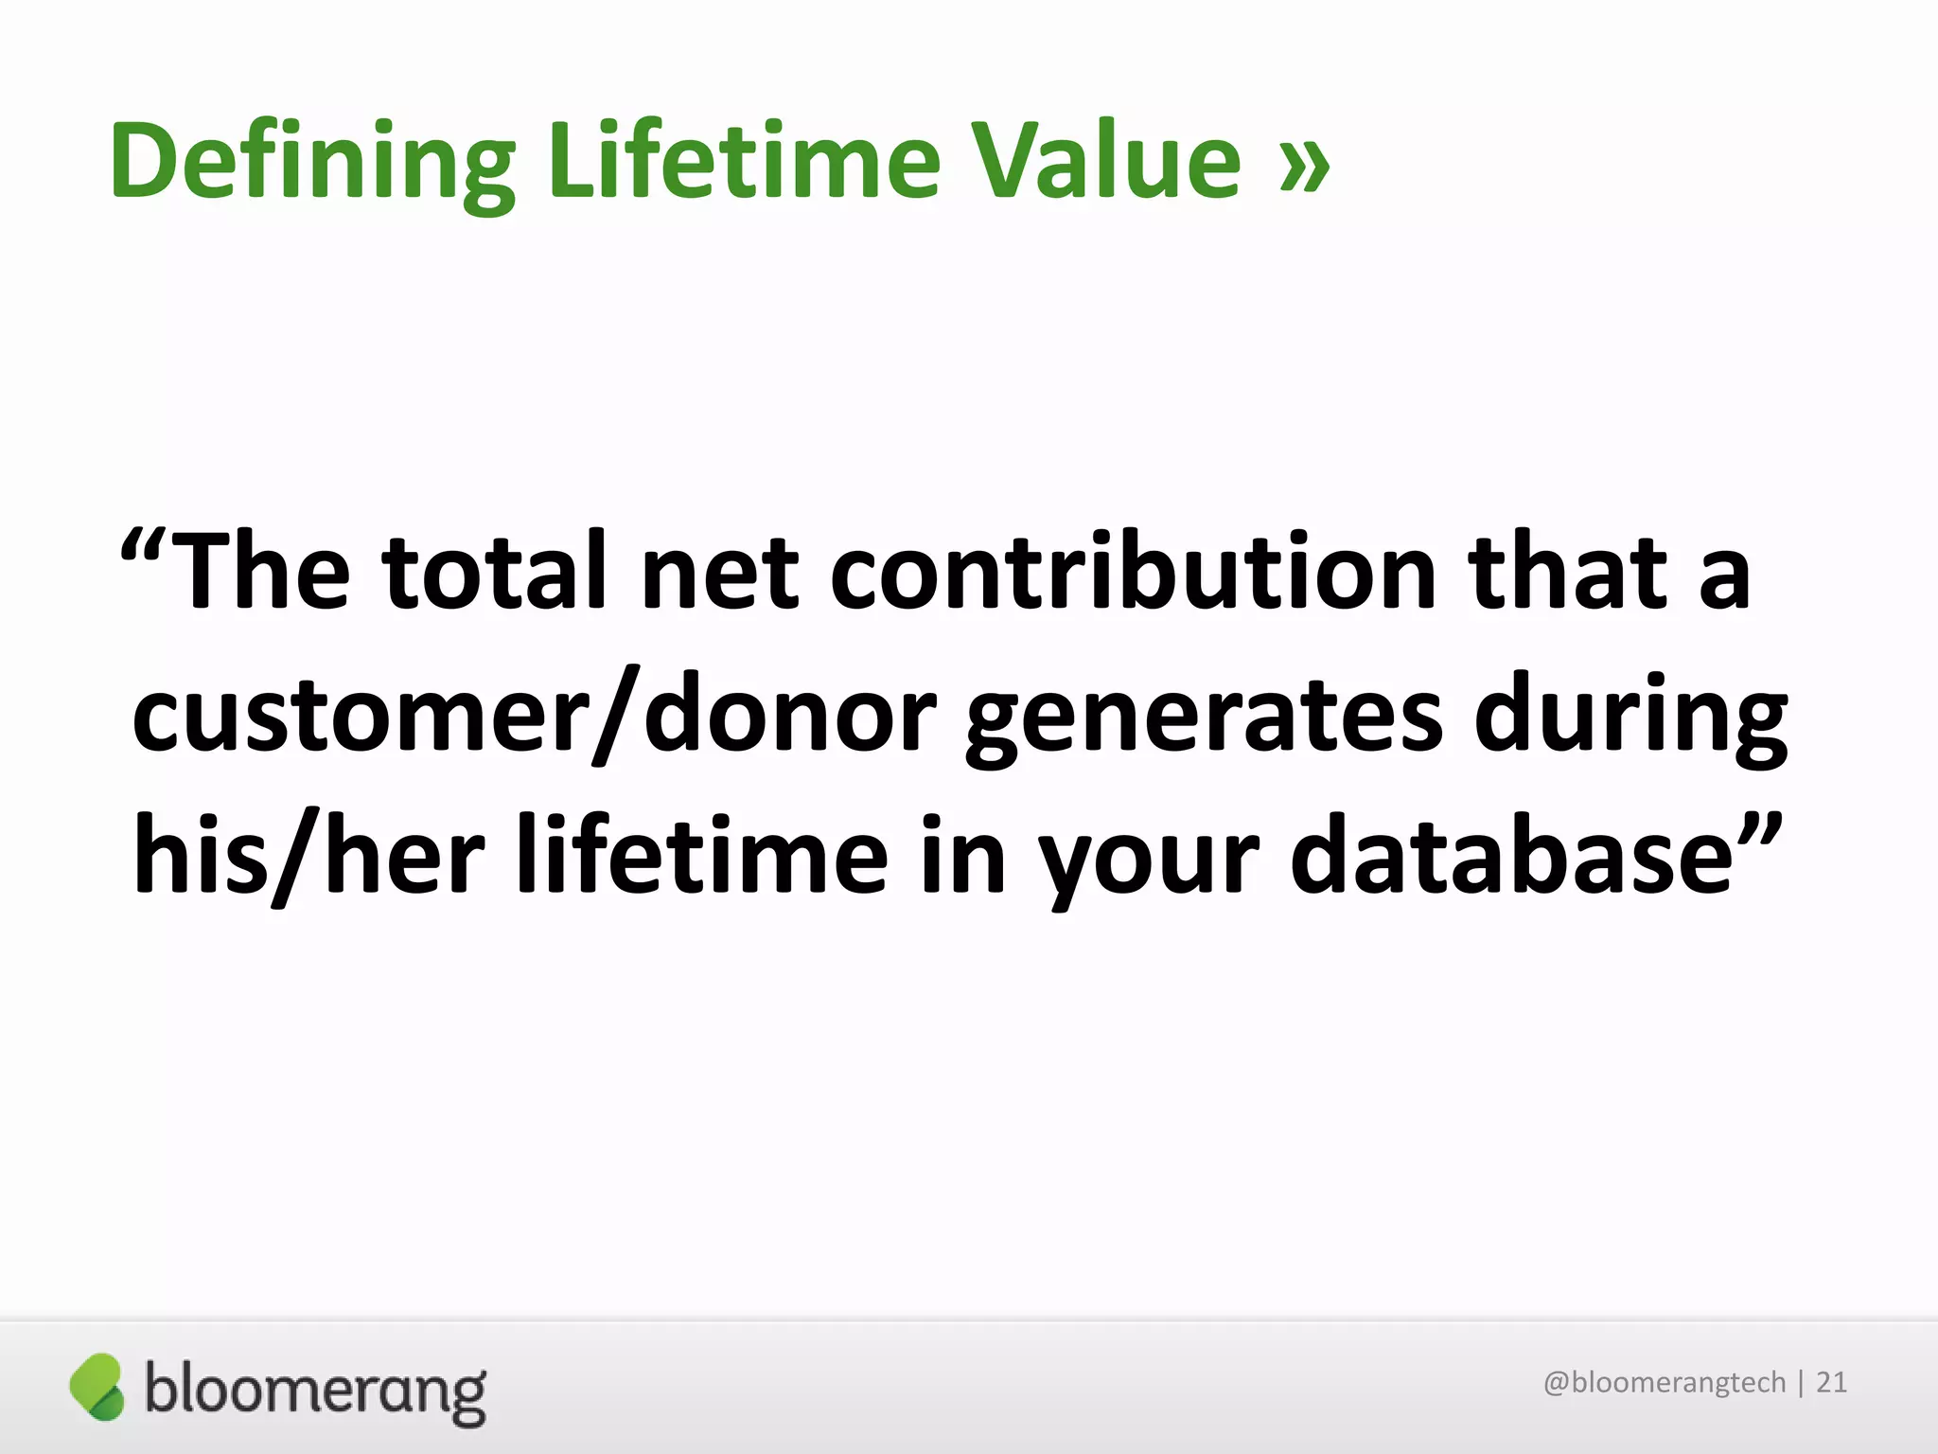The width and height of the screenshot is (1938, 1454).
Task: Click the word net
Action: coord(719,574)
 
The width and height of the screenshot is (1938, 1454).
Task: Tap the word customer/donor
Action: coord(535,715)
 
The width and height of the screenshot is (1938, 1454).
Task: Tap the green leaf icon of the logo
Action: coord(97,1387)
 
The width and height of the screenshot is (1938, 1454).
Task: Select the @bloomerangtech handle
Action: coord(1664,1383)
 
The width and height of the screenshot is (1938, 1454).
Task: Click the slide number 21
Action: coord(1831,1383)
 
